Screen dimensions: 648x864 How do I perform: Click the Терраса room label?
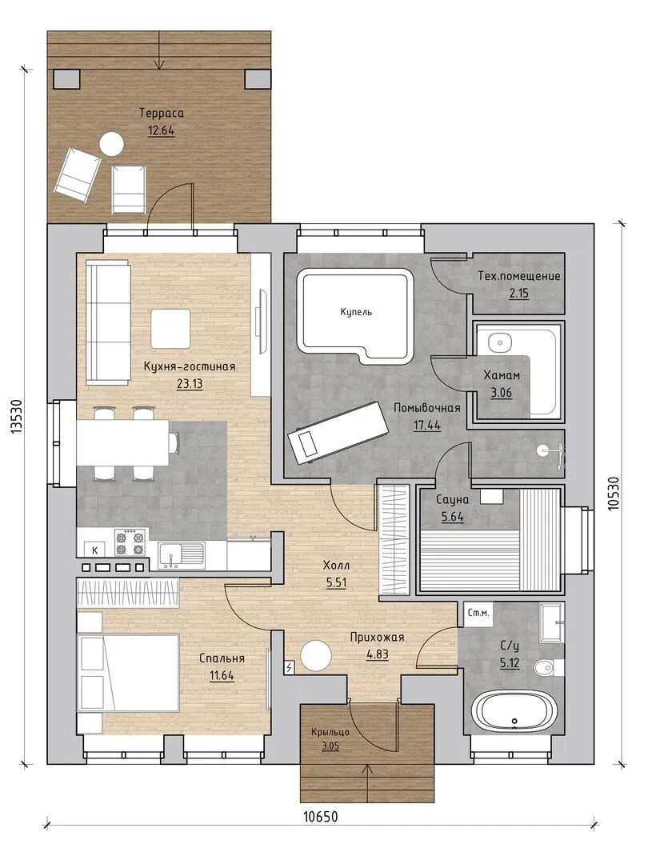(x=162, y=114)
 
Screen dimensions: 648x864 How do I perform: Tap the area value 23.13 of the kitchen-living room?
(x=190, y=384)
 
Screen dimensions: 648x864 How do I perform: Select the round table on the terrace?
(x=111, y=144)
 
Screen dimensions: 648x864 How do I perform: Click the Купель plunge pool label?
(x=356, y=313)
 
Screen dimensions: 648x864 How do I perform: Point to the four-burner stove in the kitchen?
(x=131, y=542)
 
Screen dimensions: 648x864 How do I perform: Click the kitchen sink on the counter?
(x=182, y=555)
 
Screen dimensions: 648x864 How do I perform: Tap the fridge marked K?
(x=94, y=550)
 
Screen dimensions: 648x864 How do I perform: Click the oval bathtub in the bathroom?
(x=513, y=714)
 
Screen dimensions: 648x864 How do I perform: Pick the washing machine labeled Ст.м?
(x=478, y=613)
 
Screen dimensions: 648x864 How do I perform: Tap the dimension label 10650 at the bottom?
(x=320, y=816)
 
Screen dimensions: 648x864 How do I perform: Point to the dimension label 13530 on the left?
(x=18, y=417)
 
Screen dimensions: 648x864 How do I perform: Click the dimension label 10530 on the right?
(x=616, y=494)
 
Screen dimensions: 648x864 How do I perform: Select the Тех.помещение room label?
(x=518, y=276)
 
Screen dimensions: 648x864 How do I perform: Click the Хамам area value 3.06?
(x=501, y=394)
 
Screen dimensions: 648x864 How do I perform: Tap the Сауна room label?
(x=452, y=500)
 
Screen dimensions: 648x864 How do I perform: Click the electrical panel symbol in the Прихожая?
(x=290, y=667)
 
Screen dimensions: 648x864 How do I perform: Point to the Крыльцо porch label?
(x=330, y=732)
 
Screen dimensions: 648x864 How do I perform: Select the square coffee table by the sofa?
(x=171, y=329)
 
